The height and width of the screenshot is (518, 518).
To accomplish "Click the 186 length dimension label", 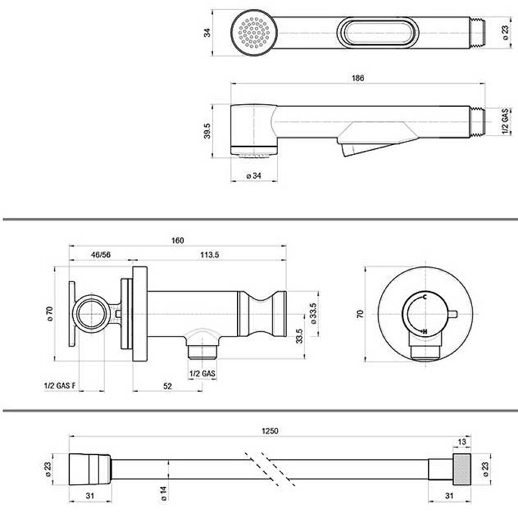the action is coord(358,78).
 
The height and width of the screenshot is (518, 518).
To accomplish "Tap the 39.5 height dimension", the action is coord(207,131).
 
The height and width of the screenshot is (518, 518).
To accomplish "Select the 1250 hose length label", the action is coord(270,431).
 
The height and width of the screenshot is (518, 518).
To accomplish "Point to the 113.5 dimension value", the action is coord(209,254).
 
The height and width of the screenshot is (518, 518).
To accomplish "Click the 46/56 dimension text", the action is coord(101,254).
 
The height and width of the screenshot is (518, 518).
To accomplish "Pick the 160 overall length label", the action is coord(177,240).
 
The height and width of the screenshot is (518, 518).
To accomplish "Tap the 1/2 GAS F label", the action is coord(60,385).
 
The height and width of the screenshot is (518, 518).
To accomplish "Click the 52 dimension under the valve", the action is coord(168,386).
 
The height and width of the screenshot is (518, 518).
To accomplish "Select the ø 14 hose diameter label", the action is coord(164,493).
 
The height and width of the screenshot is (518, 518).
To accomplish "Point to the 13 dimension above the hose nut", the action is coord(462,442).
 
